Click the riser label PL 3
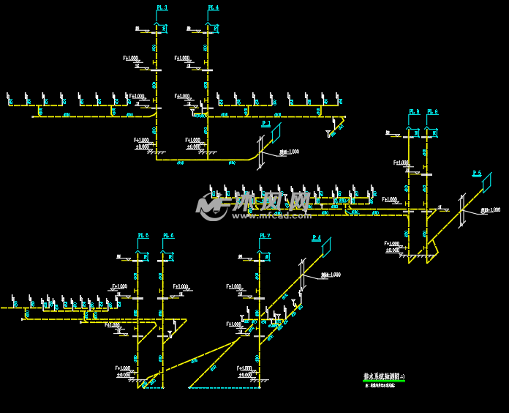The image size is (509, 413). tap(162, 7)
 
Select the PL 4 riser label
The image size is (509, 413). tap(213, 7)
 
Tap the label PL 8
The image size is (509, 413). tap(414, 112)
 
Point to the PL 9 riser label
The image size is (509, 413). tap(432, 112)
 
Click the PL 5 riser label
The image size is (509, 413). tap(143, 235)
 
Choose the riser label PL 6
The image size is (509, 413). tap(167, 235)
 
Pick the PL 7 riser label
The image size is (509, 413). tap(265, 235)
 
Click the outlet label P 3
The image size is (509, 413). tap(265, 124)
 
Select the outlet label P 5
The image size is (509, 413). tap(477, 173)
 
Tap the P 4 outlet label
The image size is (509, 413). tap(316, 238)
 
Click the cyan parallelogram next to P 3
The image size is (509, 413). tap(276, 133)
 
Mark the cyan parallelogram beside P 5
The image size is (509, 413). tap(486, 182)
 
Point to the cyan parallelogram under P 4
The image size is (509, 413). tap(326, 248)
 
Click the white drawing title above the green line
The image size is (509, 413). tap(384, 376)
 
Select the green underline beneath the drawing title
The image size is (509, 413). tap(384, 381)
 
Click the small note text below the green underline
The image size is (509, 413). tap(380, 385)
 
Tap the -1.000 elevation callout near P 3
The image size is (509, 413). tap(290, 152)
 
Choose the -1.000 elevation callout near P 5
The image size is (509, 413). tap(491, 210)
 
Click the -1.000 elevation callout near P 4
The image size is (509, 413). tap(331, 275)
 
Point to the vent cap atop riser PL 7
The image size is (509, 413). tap(260, 252)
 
